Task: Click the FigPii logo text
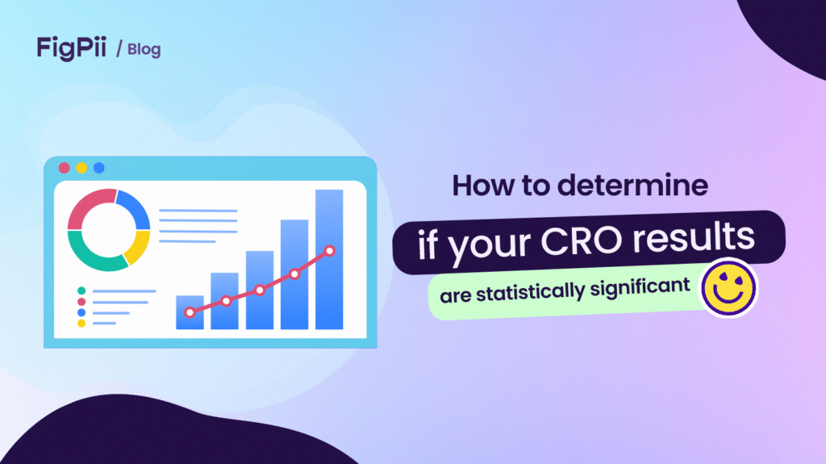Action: click(x=71, y=48)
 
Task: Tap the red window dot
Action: click(x=65, y=168)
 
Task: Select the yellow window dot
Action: click(x=81, y=168)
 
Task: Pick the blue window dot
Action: click(x=98, y=168)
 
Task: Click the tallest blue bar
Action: click(x=328, y=258)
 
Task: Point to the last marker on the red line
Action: click(x=329, y=251)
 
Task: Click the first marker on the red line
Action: click(x=190, y=311)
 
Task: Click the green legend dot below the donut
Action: click(x=81, y=291)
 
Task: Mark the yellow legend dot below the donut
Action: click(x=81, y=323)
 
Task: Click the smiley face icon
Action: click(x=728, y=288)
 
